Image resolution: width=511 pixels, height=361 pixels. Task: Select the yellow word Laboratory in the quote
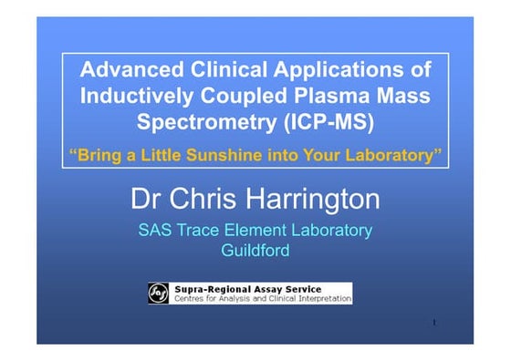387,156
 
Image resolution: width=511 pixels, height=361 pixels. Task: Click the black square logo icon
159,293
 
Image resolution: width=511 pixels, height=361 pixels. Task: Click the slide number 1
435,324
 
